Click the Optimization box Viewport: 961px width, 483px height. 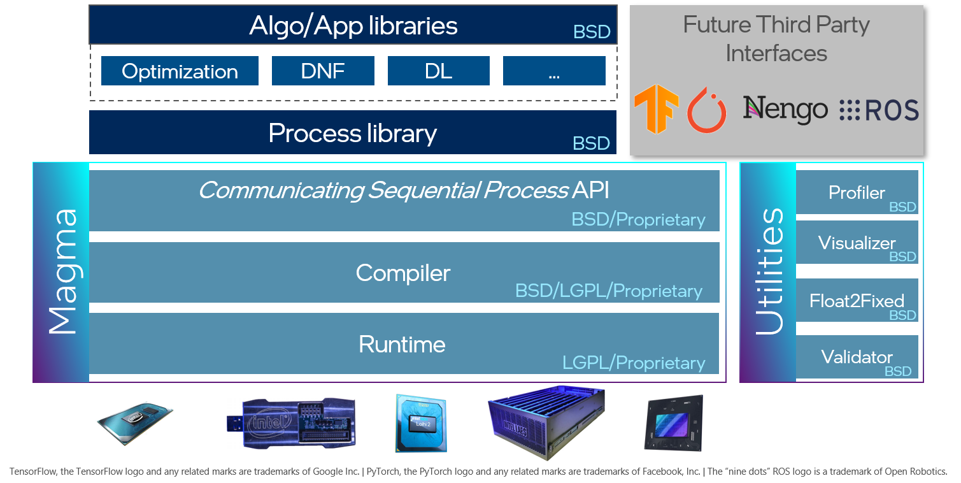(x=180, y=71)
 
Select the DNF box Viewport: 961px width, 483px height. (x=323, y=71)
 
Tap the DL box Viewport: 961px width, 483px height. (x=438, y=71)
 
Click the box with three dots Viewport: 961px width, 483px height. (x=554, y=71)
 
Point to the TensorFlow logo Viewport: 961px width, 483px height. (x=656, y=110)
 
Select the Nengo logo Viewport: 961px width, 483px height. (x=785, y=110)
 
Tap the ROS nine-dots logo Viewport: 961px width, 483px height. (x=879, y=110)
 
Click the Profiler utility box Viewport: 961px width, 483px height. (x=857, y=192)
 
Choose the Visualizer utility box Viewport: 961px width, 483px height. (x=857, y=243)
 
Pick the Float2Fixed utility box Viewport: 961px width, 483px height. (x=857, y=300)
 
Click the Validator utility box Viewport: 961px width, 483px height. (x=857, y=357)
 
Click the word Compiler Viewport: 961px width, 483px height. (x=403, y=273)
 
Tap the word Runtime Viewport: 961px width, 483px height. (x=402, y=344)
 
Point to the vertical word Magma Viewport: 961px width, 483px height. (x=62, y=271)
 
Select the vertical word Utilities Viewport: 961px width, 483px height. (x=769, y=271)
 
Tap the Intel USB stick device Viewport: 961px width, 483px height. (x=290, y=423)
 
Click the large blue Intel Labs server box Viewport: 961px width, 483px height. (x=546, y=421)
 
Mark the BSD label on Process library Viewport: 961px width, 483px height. (x=591, y=143)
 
